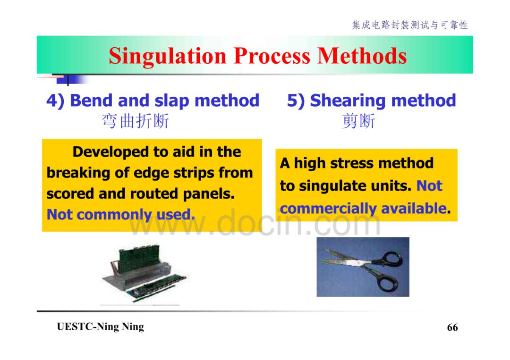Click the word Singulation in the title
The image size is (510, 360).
coord(168,56)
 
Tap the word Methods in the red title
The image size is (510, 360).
coord(362,56)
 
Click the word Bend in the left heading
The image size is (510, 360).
coord(92,100)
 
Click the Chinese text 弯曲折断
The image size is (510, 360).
coord(136,121)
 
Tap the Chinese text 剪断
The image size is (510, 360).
coord(359,121)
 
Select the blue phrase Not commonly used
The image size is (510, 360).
coord(121,214)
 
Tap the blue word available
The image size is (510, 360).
coord(414,208)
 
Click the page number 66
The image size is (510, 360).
coord(452,327)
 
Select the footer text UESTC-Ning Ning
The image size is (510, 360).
coord(100,327)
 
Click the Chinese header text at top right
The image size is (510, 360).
coord(410,25)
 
